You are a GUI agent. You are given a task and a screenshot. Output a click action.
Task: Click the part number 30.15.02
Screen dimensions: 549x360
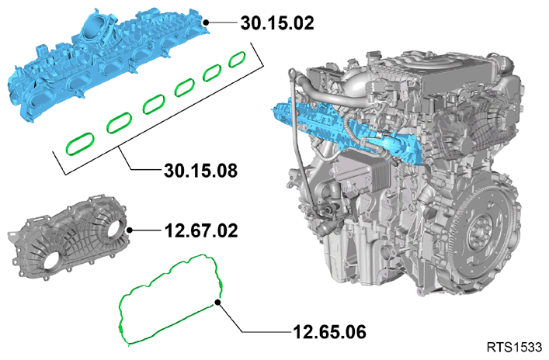(x=277, y=23)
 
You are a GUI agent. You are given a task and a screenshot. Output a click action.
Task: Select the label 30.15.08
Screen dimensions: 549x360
(x=200, y=171)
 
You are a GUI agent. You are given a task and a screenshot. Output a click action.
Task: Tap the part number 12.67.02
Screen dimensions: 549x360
(x=201, y=230)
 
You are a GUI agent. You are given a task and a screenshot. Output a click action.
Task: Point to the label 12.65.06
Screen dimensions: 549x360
(x=329, y=332)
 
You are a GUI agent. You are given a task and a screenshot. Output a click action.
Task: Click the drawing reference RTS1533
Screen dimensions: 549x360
(x=514, y=348)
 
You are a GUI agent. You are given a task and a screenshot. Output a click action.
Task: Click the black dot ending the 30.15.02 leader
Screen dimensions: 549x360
(x=207, y=22)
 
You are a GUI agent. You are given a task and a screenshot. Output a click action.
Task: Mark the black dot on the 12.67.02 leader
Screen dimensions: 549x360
(x=130, y=230)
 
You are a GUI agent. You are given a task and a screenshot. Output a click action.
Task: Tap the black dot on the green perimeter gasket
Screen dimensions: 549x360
(x=217, y=303)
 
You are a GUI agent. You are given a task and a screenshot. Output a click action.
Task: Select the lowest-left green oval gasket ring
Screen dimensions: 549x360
(x=80, y=144)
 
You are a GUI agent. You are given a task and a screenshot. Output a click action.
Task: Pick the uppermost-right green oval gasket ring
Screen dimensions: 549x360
(x=237, y=59)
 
